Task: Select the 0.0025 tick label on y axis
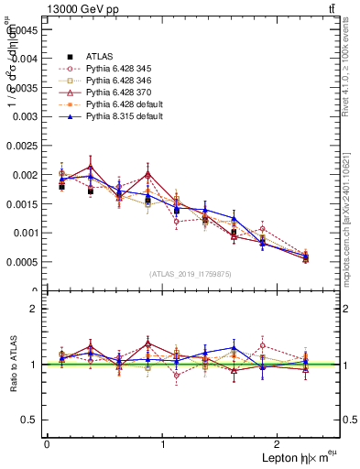pyautogui.click(x=22, y=146)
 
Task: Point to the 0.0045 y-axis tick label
pyautogui.click(x=22, y=28)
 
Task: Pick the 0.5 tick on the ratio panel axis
pyautogui.click(x=29, y=420)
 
